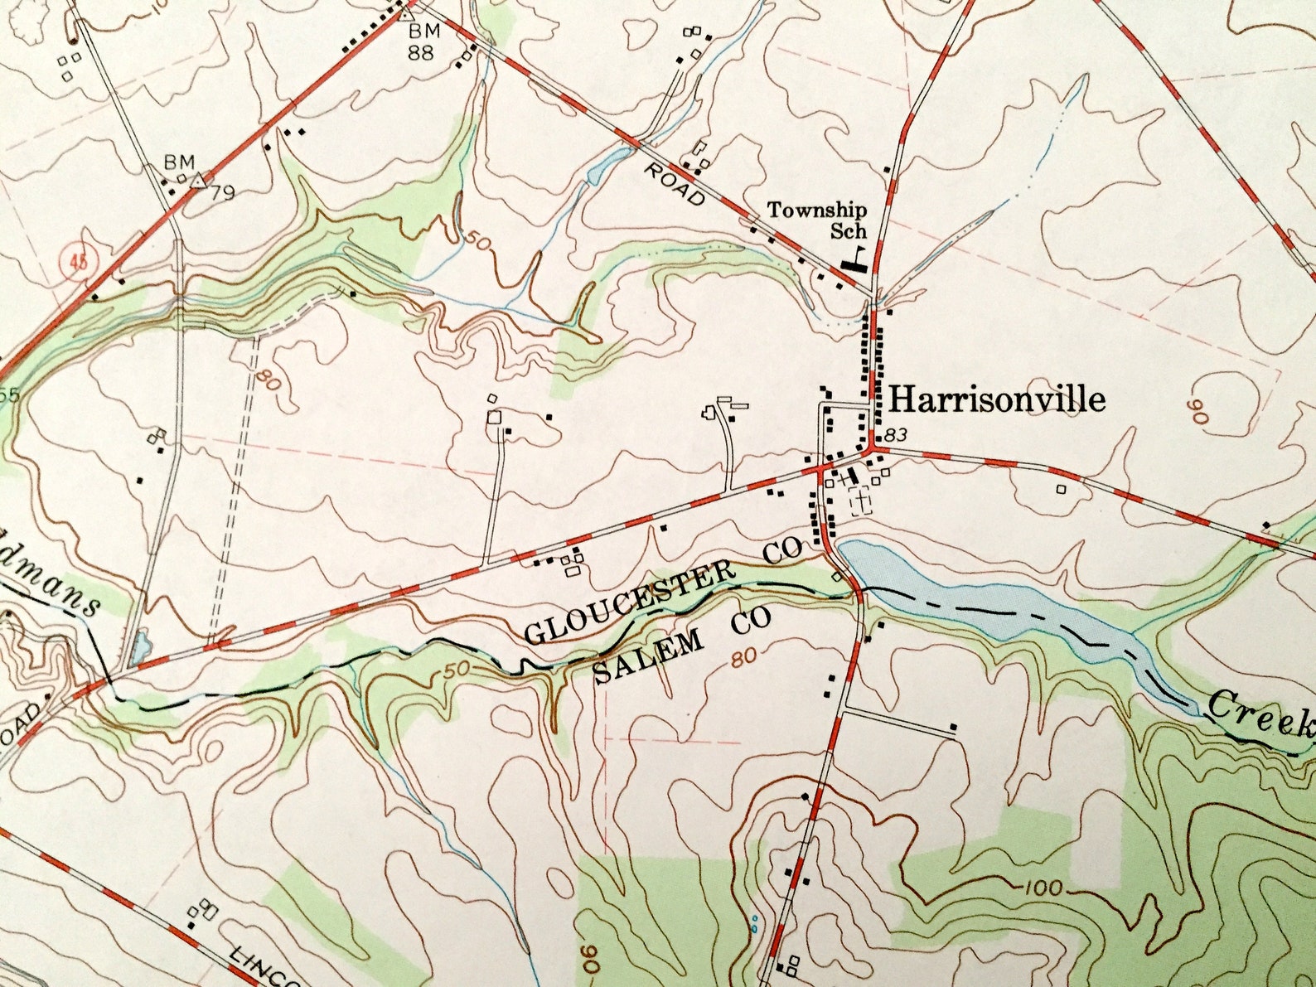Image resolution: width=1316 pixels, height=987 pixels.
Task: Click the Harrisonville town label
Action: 997,399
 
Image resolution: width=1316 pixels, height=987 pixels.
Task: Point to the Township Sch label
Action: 817,220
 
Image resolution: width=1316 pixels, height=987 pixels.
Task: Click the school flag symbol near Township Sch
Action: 854,259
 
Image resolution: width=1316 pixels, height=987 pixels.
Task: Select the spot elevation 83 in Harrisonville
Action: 896,434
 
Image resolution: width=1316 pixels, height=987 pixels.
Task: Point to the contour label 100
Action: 1042,888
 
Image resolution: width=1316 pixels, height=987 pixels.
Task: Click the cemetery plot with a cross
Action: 863,502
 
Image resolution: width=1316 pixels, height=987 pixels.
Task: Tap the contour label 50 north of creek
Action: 477,241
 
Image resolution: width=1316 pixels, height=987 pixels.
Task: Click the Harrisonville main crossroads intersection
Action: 872,451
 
